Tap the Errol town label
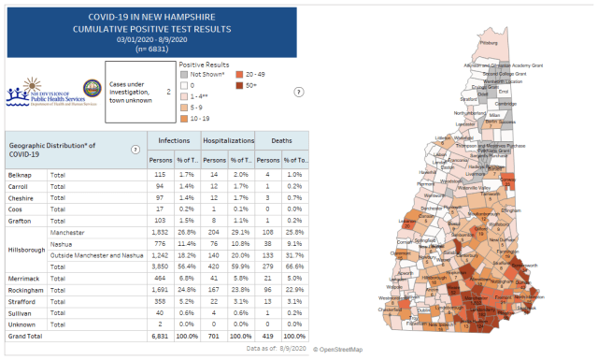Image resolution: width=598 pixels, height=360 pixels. (503, 92)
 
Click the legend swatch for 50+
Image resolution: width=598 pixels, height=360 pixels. (240, 84)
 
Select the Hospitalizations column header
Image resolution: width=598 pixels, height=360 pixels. (228, 138)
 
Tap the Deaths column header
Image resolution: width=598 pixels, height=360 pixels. (280, 138)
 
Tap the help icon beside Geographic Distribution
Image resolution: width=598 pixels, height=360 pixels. (135, 150)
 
